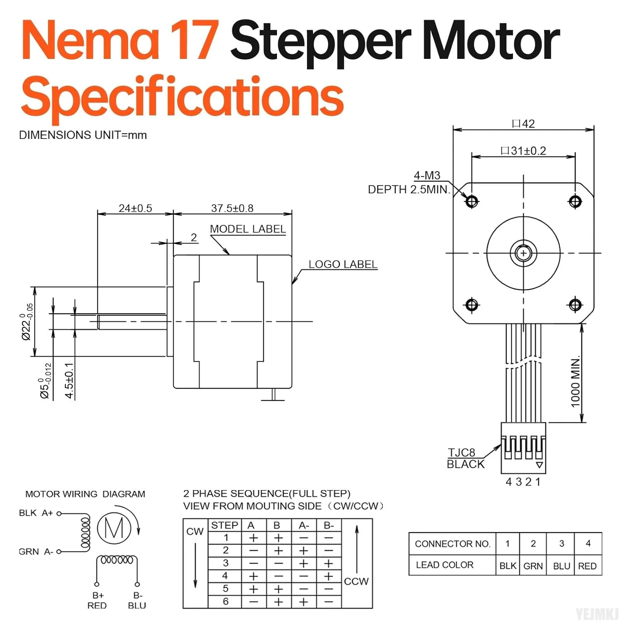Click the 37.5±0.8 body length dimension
232,208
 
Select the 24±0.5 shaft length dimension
135,208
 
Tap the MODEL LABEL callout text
248,229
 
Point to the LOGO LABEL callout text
343,264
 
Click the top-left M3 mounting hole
472,202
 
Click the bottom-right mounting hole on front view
575,305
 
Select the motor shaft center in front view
523,253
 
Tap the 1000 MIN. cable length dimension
576,381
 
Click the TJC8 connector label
462,452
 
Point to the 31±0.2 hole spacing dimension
523,151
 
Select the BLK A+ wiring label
36,513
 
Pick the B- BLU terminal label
137,600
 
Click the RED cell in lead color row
587,566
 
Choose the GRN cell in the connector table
533,566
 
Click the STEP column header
224,525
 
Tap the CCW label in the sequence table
356,581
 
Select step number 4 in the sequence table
225,576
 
